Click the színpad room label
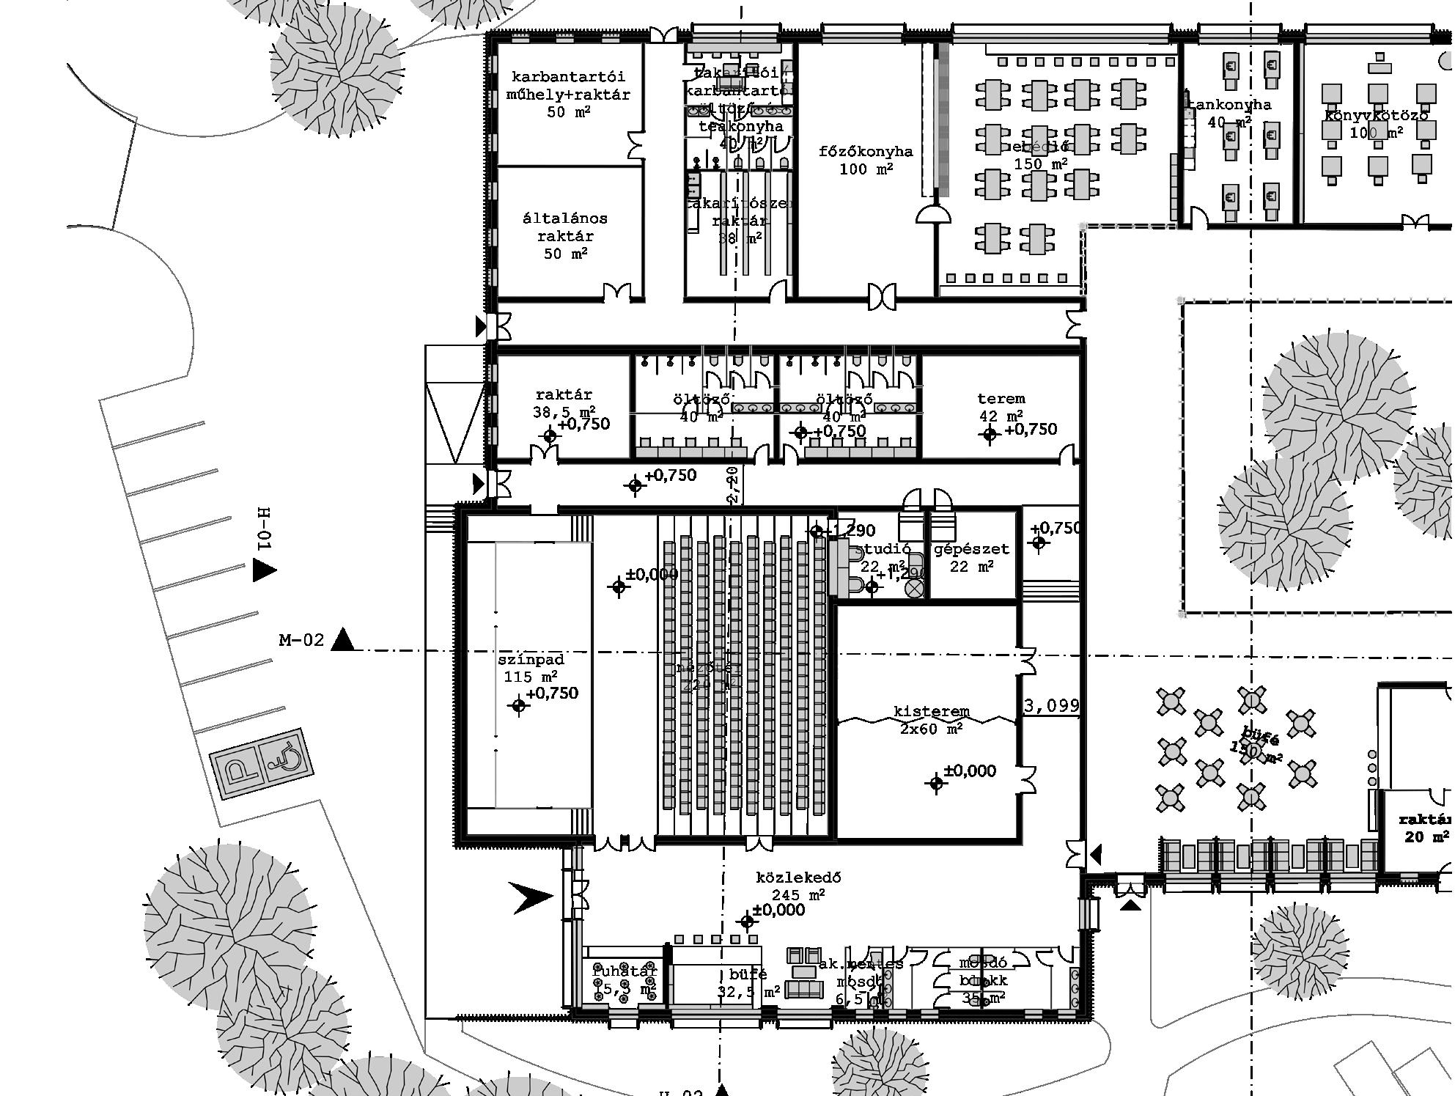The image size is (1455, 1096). [530, 668]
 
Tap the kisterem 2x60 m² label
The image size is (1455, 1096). [931, 720]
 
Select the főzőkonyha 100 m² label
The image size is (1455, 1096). [866, 160]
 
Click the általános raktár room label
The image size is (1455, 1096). [565, 235]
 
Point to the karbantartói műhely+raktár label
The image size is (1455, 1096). [568, 94]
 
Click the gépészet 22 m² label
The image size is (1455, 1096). [971, 557]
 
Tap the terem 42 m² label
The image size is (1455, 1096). [1001, 407]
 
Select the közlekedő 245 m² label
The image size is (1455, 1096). [798, 886]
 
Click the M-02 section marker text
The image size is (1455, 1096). [301, 641]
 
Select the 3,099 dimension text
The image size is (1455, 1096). [1051, 706]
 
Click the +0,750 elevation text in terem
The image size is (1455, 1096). [1031, 430]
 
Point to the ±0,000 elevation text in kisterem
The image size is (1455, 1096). [969, 771]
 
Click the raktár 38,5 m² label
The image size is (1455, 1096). [564, 403]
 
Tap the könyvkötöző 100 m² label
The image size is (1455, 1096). [1376, 124]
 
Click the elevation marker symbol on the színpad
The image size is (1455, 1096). [519, 706]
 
